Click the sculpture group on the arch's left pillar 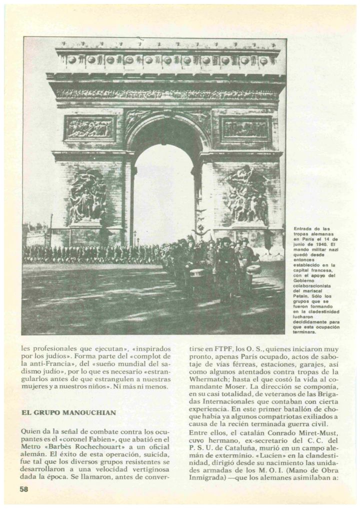[87, 196]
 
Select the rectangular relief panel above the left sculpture [90, 127]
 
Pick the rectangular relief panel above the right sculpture [245, 128]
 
